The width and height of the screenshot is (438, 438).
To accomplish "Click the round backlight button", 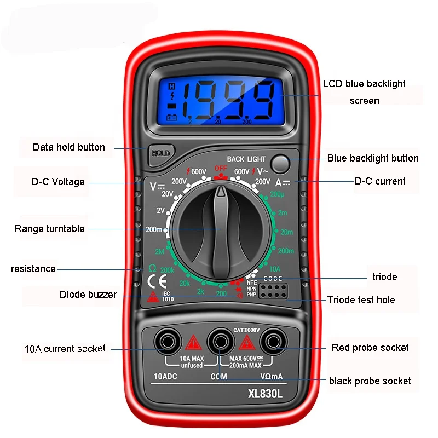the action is click(280, 163).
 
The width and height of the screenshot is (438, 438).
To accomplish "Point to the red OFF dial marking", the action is click(220, 168).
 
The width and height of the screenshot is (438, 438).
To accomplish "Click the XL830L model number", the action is click(265, 393).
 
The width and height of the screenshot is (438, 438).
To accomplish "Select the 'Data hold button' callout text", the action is click(69, 147).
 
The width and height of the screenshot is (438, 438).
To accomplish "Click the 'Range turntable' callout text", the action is click(50, 229).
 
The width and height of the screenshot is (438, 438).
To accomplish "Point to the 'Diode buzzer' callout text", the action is click(88, 295).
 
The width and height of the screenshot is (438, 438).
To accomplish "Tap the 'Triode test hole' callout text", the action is click(361, 299).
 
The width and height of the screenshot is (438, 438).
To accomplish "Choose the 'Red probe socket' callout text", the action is click(370, 348).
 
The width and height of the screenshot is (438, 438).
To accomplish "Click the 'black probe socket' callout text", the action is click(370, 381).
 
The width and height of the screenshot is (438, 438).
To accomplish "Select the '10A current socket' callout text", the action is click(65, 348).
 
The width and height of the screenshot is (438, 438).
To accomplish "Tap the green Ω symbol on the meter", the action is click(152, 268).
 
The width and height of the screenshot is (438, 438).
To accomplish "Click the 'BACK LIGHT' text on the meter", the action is click(246, 159).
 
